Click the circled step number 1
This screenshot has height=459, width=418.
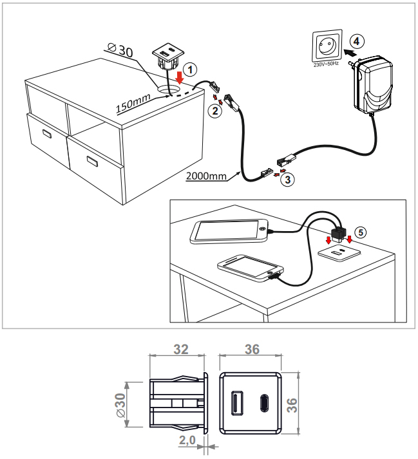pyautogui.click(x=188, y=67)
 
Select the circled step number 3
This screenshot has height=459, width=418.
pyautogui.click(x=289, y=181)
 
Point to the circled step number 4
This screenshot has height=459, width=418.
pyautogui.click(x=358, y=41)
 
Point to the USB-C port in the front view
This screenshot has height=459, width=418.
pyautogui.click(x=263, y=402)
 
